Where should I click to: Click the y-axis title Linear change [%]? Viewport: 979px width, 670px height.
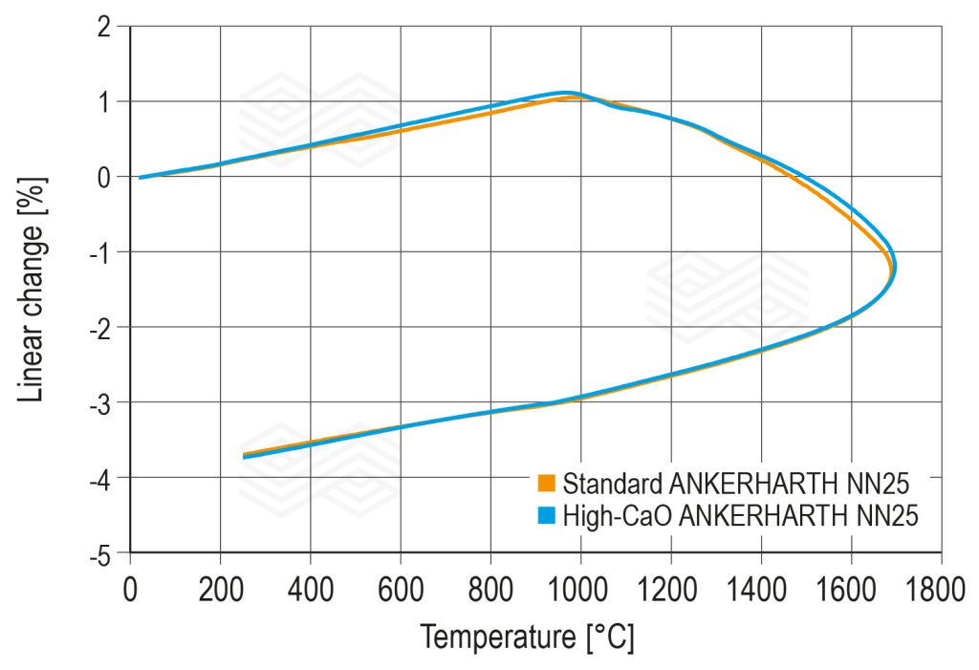pyautogui.click(x=33, y=289)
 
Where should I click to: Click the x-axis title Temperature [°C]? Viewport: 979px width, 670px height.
pyautogui.click(x=527, y=636)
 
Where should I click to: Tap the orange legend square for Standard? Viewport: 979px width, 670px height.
pyautogui.click(x=547, y=480)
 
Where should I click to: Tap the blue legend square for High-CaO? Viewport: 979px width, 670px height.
pyautogui.click(x=547, y=516)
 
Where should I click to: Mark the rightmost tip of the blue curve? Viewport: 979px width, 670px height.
pyautogui.click(x=895, y=269)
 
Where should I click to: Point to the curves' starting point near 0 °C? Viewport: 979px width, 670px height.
pyautogui.click(x=141, y=177)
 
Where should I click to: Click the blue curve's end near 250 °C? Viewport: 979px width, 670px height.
pyautogui.click(x=245, y=457)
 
